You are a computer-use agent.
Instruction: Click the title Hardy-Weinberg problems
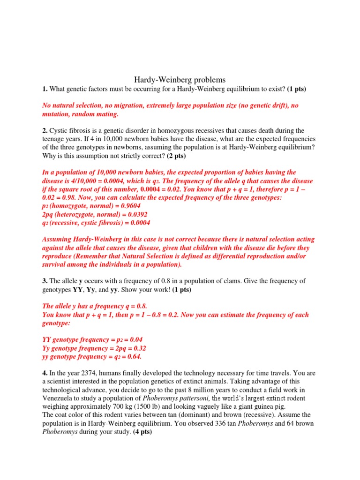tap(180, 80)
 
